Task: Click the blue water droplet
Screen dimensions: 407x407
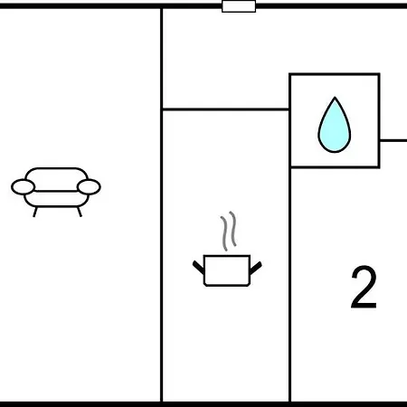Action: coord(335,127)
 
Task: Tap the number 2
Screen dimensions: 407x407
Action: coord(364,287)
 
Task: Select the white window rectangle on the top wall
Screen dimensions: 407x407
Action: coord(239,6)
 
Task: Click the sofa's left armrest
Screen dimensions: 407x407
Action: coord(23,187)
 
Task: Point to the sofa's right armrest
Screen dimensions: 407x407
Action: coord(89,187)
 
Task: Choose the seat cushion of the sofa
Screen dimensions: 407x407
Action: coord(56,199)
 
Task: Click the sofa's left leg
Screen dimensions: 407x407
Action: coord(35,212)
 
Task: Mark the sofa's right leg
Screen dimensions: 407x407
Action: coord(80,212)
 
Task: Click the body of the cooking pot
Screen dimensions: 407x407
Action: coord(227,270)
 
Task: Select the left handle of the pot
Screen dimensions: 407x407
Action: coord(198,268)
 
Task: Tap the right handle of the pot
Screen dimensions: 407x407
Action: coord(256,268)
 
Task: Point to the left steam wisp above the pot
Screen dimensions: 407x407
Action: coord(224,233)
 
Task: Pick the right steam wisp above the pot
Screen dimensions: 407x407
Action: coord(232,229)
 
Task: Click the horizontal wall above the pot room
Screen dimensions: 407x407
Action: coord(226,109)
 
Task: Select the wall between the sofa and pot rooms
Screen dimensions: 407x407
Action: coord(162,205)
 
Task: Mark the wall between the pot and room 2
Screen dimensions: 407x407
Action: coord(289,284)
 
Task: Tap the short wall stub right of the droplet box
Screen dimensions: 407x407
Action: coord(393,140)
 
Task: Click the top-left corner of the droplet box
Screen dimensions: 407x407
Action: coord(290,74)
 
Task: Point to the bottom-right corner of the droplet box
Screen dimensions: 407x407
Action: coord(379,166)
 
